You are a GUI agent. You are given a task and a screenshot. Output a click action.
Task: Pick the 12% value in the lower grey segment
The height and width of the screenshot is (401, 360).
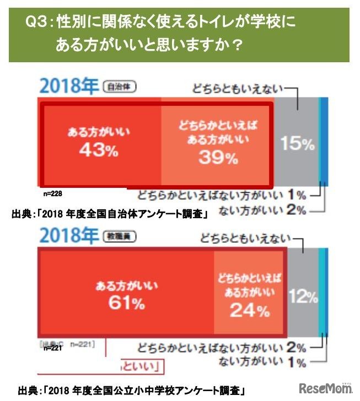pos(303,297)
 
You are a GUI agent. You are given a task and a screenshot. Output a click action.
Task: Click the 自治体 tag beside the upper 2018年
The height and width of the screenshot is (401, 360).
pos(119,86)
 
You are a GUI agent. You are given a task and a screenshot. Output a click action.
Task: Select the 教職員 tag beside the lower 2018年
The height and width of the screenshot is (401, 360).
pos(120,236)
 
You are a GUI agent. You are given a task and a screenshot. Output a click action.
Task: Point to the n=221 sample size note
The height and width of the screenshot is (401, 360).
pos(53,348)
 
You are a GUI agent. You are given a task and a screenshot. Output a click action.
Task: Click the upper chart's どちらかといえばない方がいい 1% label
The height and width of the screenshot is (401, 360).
pos(223,194)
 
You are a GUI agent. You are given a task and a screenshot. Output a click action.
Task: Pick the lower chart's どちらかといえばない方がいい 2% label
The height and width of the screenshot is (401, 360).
pos(223,348)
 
